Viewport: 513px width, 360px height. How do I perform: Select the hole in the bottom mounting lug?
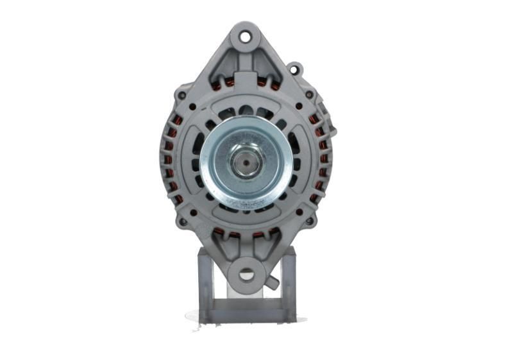click(246, 275)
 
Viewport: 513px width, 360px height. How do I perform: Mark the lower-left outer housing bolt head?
click(183, 221)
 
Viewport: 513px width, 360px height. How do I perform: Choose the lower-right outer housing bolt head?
click(309, 221)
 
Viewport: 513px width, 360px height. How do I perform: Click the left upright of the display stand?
click(204, 282)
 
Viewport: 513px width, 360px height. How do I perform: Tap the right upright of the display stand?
click(289, 282)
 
